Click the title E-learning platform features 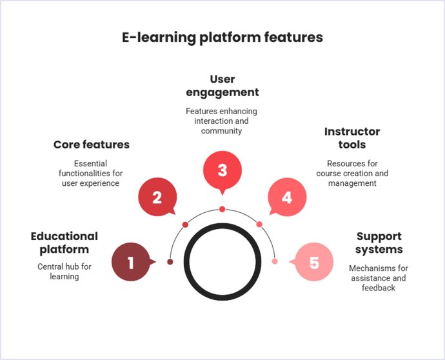pyautogui.click(x=222, y=37)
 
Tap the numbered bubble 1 pyautogui.click(x=131, y=263)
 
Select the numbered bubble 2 pyautogui.click(x=157, y=197)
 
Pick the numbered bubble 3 pyautogui.click(x=222, y=170)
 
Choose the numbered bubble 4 pyautogui.click(x=287, y=197)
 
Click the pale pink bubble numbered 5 pyautogui.click(x=314, y=263)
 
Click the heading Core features pyautogui.click(x=92, y=145)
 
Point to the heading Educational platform pyautogui.click(x=64, y=243)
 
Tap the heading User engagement pyautogui.click(x=222, y=86)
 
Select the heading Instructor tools pyautogui.click(x=352, y=138)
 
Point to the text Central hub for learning pyautogui.click(x=64, y=272)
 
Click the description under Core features pyautogui.click(x=92, y=174)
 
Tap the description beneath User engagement pyautogui.click(x=222, y=121)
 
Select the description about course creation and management pyautogui.click(x=352, y=174)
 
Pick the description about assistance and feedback pyautogui.click(x=379, y=278)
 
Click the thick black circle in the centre pyautogui.click(x=222, y=262)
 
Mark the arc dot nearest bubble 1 pyautogui.click(x=170, y=262)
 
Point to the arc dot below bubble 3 pyautogui.click(x=222, y=209)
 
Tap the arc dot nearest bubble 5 pyautogui.click(x=275, y=261)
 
